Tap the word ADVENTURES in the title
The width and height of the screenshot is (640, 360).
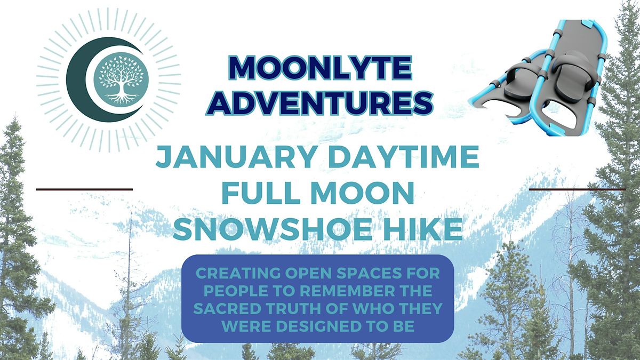(x=318, y=102)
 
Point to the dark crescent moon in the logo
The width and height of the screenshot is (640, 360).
(x=85, y=80)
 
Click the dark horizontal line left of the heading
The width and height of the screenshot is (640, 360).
(x=84, y=189)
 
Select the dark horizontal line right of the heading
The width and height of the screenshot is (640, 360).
(x=577, y=189)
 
